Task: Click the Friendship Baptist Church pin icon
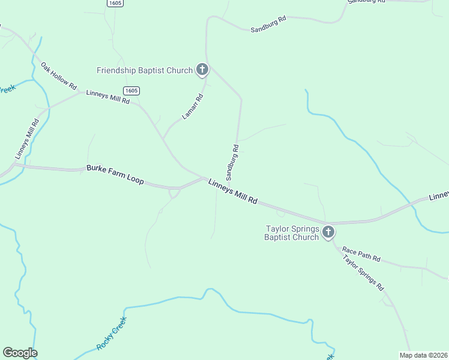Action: click(x=202, y=70)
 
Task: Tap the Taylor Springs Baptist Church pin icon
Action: click(x=328, y=232)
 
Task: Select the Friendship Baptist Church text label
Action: click(x=145, y=71)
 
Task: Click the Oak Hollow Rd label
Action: click(x=59, y=76)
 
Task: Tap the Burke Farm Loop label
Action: click(x=115, y=175)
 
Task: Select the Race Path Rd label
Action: click(x=361, y=254)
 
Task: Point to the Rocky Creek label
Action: click(x=112, y=333)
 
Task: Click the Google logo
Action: click(x=20, y=353)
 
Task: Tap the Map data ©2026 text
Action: click(x=423, y=355)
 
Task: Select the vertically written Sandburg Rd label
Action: click(x=232, y=162)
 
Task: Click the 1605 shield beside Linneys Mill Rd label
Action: click(x=131, y=91)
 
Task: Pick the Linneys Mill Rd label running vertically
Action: click(x=28, y=139)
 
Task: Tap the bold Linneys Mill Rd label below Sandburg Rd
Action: click(x=233, y=191)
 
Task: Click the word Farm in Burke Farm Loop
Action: click(x=118, y=175)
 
